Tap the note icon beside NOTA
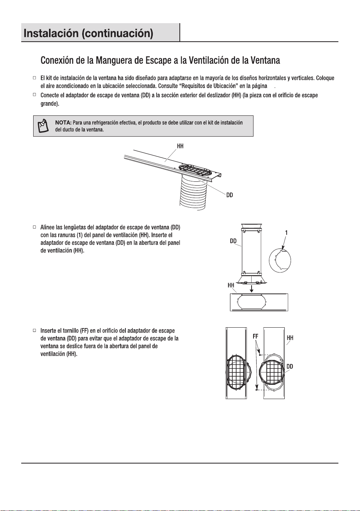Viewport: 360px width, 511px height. (x=43, y=126)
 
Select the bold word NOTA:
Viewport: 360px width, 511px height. (x=63, y=123)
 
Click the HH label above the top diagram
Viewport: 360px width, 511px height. (x=180, y=146)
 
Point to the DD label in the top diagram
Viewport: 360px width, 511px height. (x=230, y=195)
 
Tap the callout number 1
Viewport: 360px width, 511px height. (x=286, y=233)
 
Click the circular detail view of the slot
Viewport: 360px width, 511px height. (x=280, y=260)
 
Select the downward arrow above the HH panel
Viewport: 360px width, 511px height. (x=251, y=289)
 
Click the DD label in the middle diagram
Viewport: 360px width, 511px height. (x=233, y=241)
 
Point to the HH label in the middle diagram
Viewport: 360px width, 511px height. (x=231, y=285)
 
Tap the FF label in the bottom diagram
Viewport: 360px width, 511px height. (x=255, y=337)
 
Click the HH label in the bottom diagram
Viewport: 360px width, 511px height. (x=290, y=338)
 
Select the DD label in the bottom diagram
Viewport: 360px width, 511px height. (x=290, y=367)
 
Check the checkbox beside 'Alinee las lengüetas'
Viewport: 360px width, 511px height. (x=34, y=227)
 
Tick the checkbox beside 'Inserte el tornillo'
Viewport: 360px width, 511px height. (x=34, y=330)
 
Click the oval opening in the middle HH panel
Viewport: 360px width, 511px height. (x=252, y=302)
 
